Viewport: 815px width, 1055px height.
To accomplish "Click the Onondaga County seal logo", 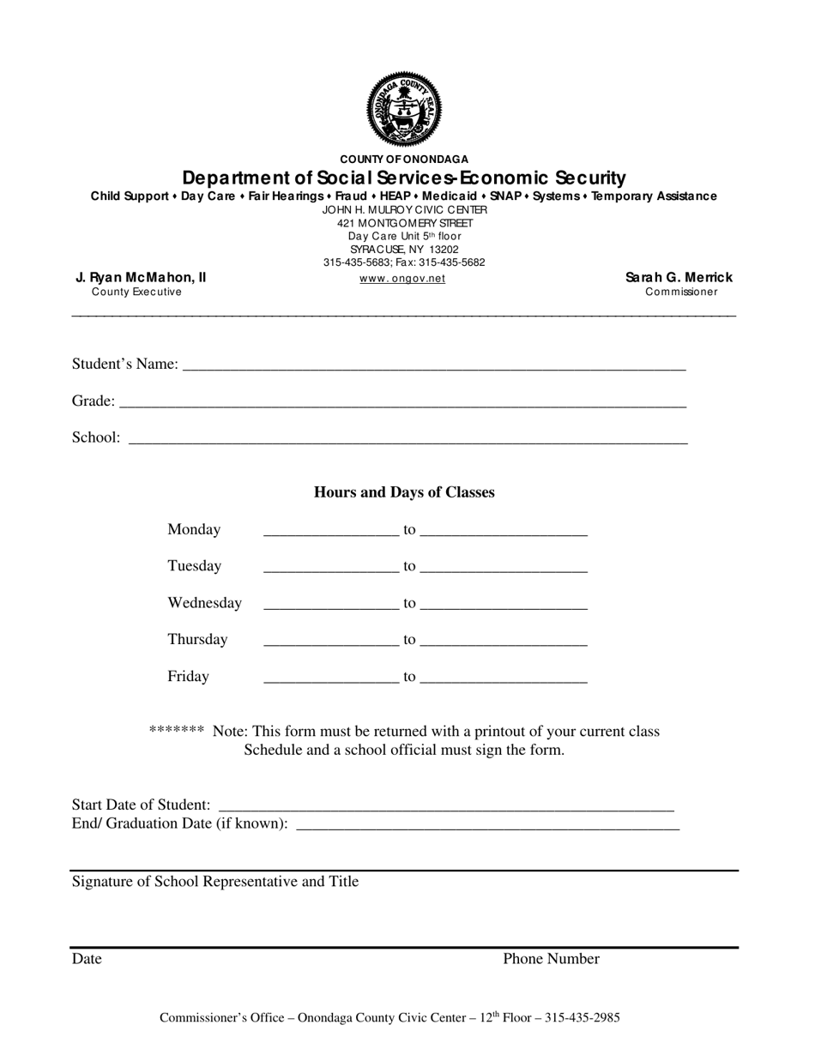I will (x=403, y=109).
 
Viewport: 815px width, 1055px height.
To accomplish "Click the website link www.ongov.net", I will (x=402, y=279).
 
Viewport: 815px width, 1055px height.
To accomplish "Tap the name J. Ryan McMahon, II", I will (x=141, y=277).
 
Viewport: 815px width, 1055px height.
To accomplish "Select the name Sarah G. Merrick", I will (x=679, y=277).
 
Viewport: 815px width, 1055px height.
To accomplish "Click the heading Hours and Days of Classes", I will (x=404, y=492).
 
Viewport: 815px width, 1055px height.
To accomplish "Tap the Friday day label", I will (x=188, y=677).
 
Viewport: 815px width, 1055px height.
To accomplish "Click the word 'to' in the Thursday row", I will (x=409, y=640).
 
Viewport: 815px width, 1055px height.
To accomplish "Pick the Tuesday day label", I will (x=194, y=566).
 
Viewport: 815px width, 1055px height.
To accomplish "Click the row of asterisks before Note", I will (x=176, y=731).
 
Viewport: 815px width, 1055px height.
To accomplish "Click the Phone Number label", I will (x=551, y=959).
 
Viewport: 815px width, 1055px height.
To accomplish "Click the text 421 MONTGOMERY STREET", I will (x=404, y=223).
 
